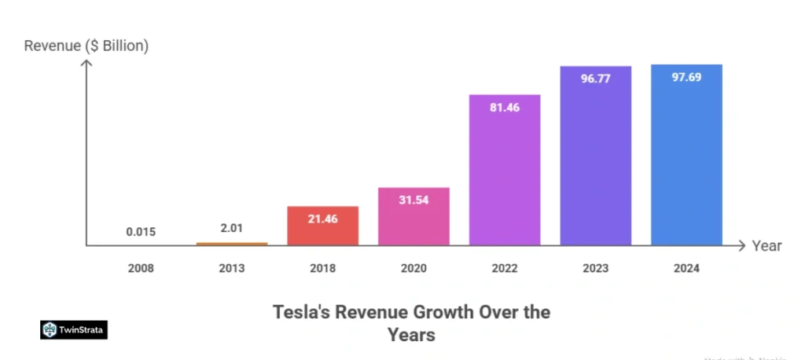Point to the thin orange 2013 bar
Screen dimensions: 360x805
coord(232,244)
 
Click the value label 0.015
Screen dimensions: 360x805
coord(141,232)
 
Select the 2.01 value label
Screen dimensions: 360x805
coord(232,229)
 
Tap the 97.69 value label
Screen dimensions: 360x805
coord(686,79)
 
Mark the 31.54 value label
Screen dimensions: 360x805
coord(414,200)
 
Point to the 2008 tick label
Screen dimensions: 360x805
coord(141,269)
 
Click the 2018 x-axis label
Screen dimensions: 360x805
coord(322,269)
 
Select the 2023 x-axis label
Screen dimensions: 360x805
coord(595,269)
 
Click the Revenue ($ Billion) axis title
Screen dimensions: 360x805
coord(86,46)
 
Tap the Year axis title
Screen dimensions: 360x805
coord(766,246)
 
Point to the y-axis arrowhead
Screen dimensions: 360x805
coord(86,64)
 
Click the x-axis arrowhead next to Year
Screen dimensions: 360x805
coord(740,246)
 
